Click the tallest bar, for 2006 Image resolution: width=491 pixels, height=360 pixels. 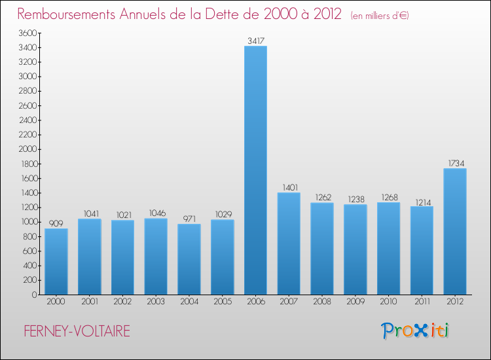tap(255, 170)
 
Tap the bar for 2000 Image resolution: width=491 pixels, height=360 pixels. tap(56, 261)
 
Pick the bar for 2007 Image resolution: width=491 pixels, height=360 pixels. tap(289, 243)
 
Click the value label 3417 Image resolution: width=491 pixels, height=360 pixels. tap(255, 41)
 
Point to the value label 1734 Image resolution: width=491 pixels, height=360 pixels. tap(455, 163)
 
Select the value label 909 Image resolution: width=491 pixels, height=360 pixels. tap(56, 223)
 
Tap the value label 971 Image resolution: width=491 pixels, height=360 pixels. tap(189, 219)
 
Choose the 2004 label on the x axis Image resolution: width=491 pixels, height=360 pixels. tap(189, 303)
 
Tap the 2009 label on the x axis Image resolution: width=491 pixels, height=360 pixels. tap(355, 303)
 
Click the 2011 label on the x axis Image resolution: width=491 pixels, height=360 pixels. tap(422, 303)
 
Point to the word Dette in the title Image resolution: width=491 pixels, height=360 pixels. tap(228, 14)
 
